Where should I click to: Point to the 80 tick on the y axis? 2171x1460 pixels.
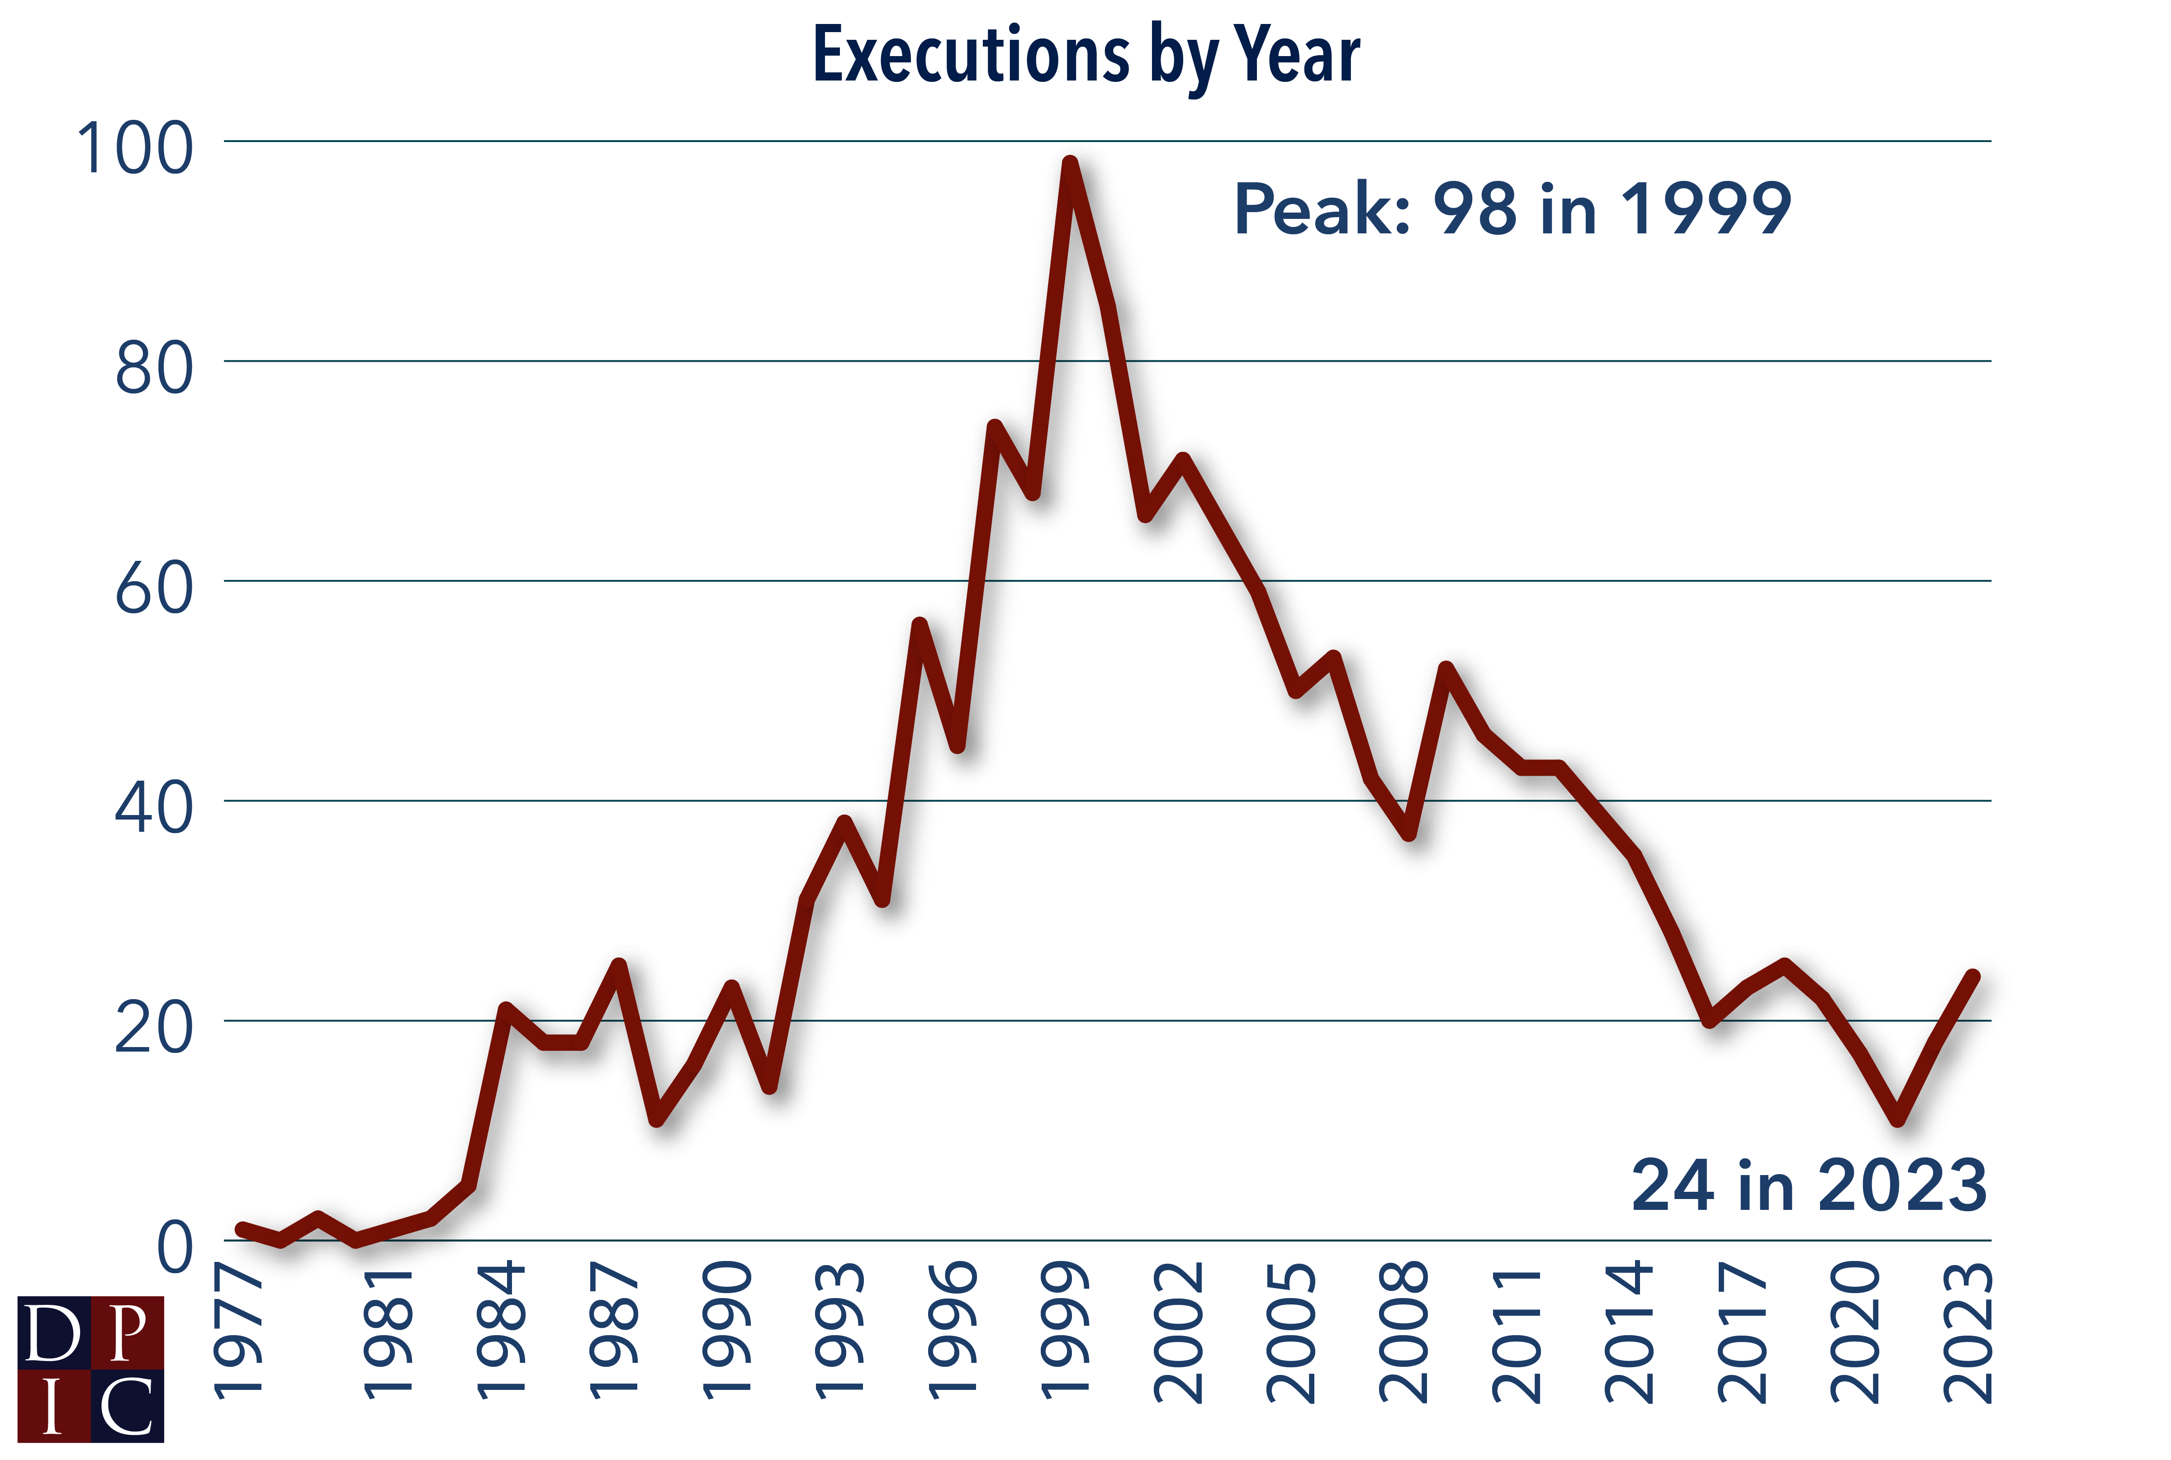click(x=154, y=369)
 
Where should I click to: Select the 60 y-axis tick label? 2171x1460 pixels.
click(x=154, y=588)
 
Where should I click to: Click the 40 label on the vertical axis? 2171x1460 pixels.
click(x=154, y=808)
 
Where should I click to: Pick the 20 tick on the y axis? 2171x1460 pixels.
click(x=154, y=1028)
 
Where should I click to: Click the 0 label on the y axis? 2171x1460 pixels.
click(x=175, y=1248)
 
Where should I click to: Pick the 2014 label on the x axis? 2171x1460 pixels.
click(x=1629, y=1332)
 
